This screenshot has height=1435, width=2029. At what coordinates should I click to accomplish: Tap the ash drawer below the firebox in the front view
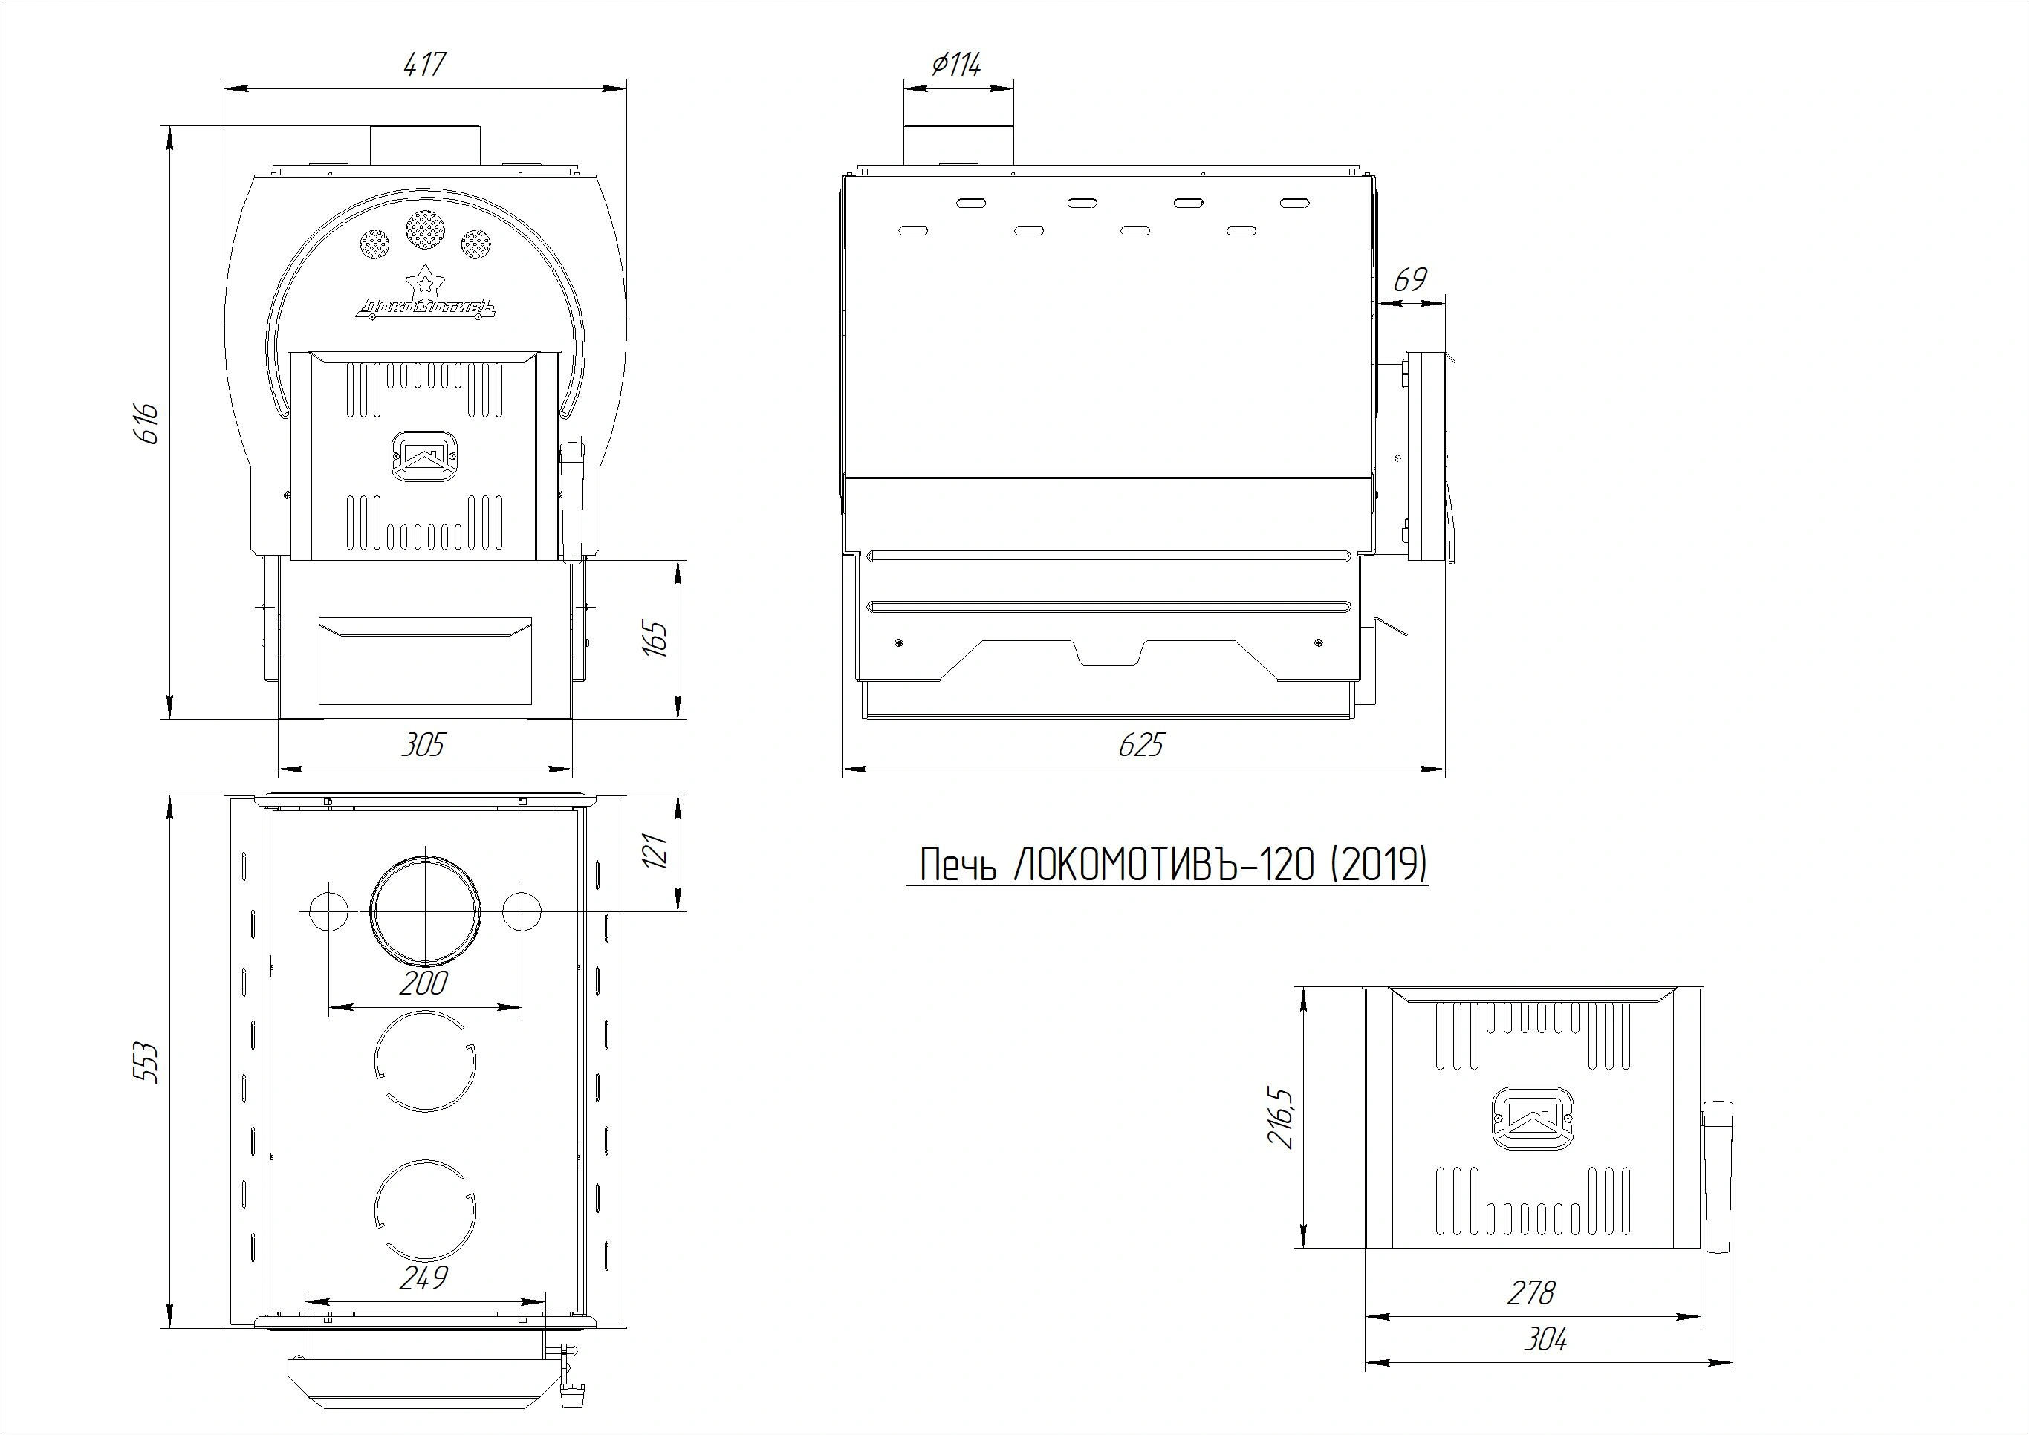(x=425, y=661)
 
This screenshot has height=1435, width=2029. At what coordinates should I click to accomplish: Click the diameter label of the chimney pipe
(x=956, y=65)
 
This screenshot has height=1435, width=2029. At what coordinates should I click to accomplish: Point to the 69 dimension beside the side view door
(x=1409, y=280)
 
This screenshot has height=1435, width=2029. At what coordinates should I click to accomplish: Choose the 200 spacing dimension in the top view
(x=423, y=983)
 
